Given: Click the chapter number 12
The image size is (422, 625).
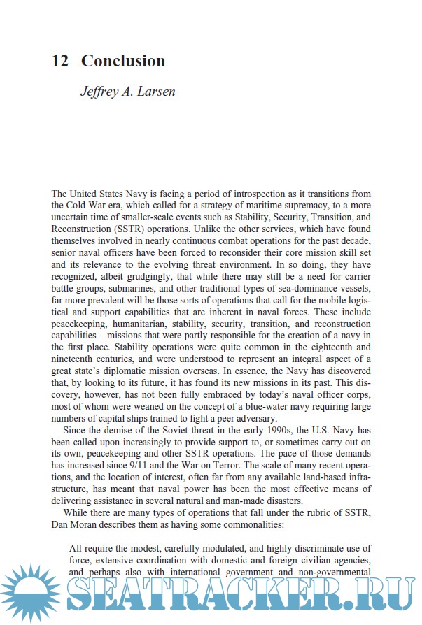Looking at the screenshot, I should pos(59,61).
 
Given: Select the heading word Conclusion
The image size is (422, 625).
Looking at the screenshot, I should pos(123,61).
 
